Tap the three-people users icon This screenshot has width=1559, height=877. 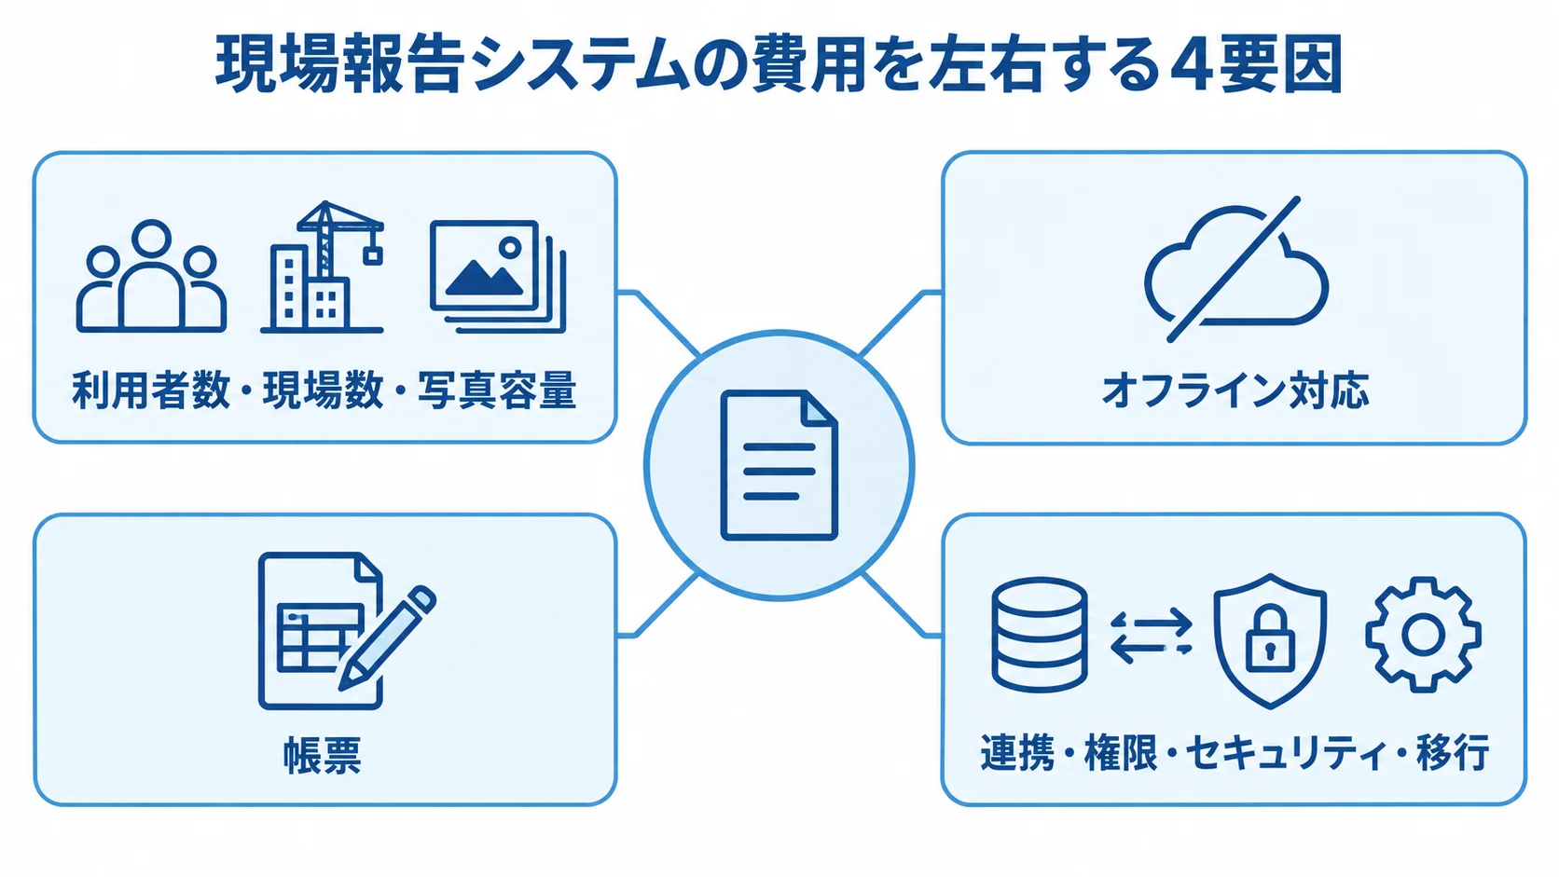click(151, 276)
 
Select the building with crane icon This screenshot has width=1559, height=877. click(323, 267)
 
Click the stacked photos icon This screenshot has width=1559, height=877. click(498, 276)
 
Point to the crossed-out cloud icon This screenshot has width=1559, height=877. click(1236, 268)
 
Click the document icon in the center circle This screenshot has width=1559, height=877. click(779, 464)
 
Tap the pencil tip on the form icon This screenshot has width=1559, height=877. click(346, 680)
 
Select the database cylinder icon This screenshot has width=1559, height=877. click(1039, 635)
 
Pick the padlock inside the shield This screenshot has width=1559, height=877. click(1270, 638)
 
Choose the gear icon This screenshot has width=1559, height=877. click(1423, 635)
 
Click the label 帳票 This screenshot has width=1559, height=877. click(323, 755)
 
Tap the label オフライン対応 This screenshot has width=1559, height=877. click(1235, 391)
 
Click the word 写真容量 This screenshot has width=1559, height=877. click(497, 391)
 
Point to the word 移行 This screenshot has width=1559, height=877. click(1454, 752)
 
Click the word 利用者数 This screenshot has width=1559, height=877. click(151, 391)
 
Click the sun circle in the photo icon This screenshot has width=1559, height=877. click(510, 247)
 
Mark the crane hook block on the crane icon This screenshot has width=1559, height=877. click(373, 256)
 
